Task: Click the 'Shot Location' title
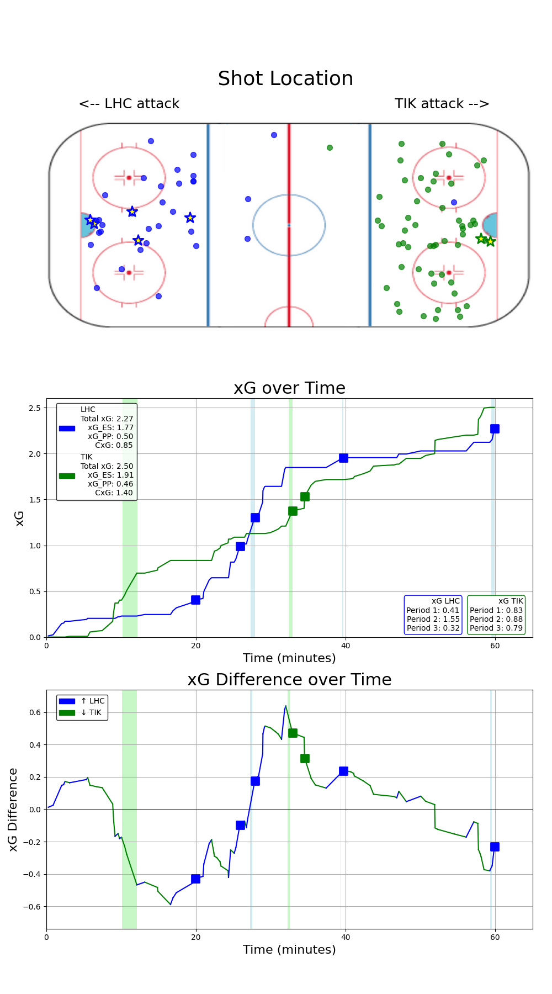(285, 78)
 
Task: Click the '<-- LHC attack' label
(129, 104)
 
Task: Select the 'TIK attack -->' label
(442, 104)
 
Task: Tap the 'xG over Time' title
(289, 388)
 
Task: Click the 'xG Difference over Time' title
(289, 680)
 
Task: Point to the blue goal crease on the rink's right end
(491, 225)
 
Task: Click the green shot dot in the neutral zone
(330, 147)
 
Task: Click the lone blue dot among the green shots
(454, 202)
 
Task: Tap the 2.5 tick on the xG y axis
(35, 408)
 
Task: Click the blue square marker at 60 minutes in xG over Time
(495, 429)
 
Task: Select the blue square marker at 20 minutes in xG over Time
(195, 600)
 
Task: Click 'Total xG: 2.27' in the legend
(107, 419)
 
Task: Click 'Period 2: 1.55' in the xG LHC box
(433, 619)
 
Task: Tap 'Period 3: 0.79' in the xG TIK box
(496, 628)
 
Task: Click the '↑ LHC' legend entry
(92, 701)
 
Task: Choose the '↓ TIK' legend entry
(91, 712)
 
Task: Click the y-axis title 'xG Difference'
(13, 809)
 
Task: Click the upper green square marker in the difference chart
(293, 733)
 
